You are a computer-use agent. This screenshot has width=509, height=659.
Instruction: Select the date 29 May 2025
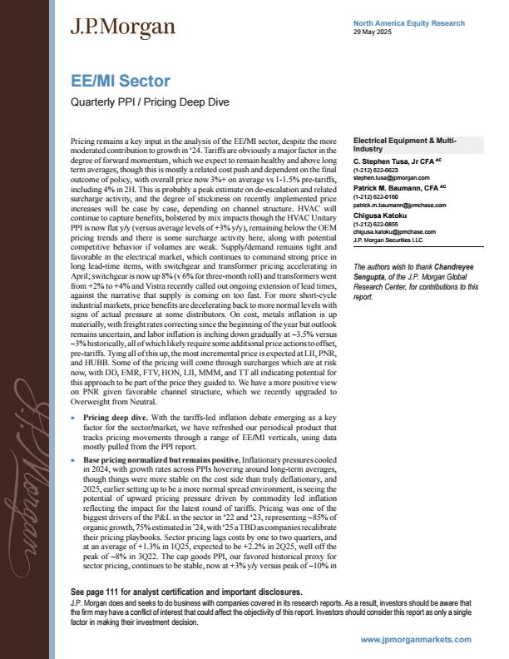[x=372, y=32]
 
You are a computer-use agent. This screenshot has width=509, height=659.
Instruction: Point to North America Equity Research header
[x=408, y=23]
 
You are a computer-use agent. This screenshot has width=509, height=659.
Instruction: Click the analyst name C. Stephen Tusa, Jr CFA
[x=398, y=160]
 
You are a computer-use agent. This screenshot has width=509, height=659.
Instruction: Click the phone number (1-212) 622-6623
[x=376, y=169]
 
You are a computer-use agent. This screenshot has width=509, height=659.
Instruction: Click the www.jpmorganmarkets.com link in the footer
[x=416, y=639]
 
